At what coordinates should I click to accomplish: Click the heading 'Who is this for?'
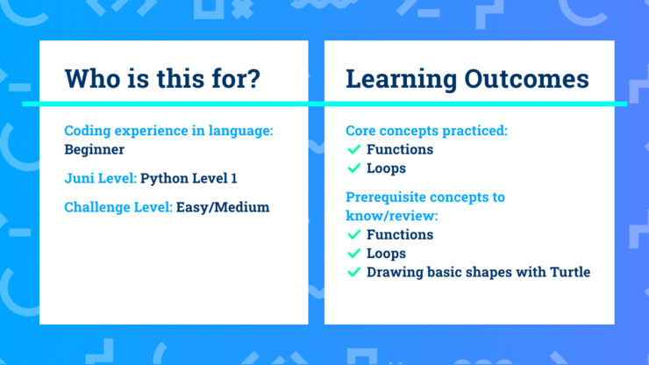pos(162,79)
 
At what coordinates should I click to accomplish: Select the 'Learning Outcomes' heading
pos(467,79)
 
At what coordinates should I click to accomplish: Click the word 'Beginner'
pos(95,149)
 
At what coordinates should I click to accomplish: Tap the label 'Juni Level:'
pos(100,178)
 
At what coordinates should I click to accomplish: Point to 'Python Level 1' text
pos(189,178)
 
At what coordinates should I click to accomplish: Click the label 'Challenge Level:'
pos(118,207)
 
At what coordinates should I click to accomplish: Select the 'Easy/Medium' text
pos(222,207)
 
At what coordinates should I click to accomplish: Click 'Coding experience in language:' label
pos(169,131)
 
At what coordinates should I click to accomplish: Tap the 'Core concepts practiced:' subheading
pos(427,131)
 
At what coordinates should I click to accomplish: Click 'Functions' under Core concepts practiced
pos(400,149)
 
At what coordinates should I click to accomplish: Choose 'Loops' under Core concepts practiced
pos(386,168)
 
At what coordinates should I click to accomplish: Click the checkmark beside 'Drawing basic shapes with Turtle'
pos(353,272)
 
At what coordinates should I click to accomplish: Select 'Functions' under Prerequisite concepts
pos(400,234)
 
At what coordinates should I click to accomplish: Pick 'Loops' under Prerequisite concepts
pos(386,254)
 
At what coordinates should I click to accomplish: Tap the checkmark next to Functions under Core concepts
pos(353,149)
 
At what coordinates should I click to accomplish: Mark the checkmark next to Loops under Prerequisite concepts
pos(353,254)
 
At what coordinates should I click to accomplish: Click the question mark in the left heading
pos(253,79)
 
